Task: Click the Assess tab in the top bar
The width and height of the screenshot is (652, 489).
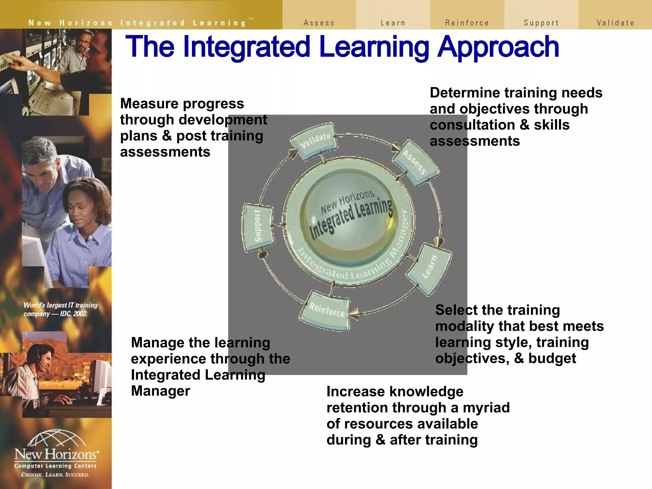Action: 319,23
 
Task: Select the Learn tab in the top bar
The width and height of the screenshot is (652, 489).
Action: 393,23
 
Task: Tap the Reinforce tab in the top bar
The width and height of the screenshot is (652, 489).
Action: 467,23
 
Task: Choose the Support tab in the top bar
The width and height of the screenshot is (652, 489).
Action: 541,23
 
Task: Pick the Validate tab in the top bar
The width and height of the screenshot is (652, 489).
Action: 615,23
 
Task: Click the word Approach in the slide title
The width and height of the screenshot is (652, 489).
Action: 498,47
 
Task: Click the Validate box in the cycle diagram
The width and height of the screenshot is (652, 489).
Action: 314,140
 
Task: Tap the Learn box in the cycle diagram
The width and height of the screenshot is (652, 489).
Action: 430,267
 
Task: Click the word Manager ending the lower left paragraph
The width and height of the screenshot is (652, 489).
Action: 160,391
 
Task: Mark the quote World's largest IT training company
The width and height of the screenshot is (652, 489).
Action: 60,309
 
